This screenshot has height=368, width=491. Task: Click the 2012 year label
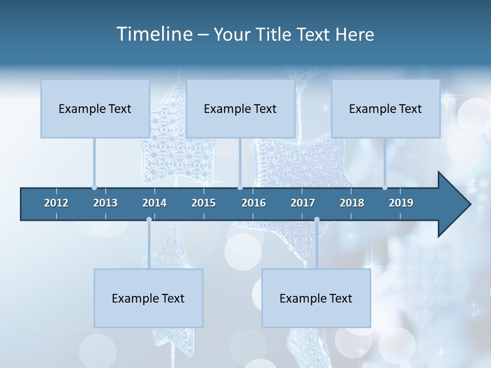tap(56, 203)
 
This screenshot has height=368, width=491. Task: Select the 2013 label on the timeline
tap(105, 203)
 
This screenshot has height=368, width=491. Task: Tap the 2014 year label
tap(154, 203)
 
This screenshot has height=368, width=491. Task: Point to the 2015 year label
tap(204, 203)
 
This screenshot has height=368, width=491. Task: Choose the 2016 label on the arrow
tap(254, 203)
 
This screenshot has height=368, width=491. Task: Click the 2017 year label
tap(303, 203)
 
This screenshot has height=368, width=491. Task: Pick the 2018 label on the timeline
tap(352, 203)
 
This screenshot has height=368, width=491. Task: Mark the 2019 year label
tap(401, 203)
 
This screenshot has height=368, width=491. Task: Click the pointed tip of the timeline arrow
tap(469, 204)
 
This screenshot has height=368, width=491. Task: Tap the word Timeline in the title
tap(153, 34)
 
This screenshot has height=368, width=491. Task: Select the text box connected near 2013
tap(95, 109)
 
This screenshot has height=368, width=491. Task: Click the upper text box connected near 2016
tap(240, 109)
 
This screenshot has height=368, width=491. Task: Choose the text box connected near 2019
tap(386, 109)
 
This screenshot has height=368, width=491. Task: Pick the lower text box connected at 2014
tap(148, 298)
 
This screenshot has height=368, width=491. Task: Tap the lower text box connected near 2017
tap(316, 298)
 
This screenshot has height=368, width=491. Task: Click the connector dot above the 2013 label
tap(95, 188)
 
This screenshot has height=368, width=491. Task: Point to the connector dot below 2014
tap(149, 220)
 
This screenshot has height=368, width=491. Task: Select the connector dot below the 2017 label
tap(317, 220)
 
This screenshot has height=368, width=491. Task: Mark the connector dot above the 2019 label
tap(385, 188)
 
